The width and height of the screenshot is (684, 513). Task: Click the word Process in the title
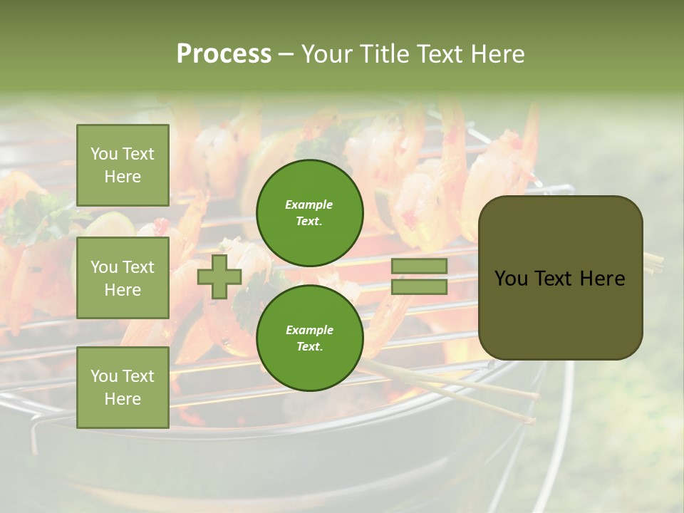pyautogui.click(x=224, y=54)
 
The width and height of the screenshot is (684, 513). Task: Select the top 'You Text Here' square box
pyautogui.click(x=123, y=165)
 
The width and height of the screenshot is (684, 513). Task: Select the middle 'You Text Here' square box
pyautogui.click(x=123, y=278)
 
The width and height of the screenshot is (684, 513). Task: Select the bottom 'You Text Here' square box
pyautogui.click(x=123, y=388)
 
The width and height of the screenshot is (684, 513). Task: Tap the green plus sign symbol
pyautogui.click(x=219, y=276)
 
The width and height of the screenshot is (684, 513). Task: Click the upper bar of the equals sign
pyautogui.click(x=419, y=266)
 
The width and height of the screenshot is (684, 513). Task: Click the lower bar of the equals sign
pyautogui.click(x=419, y=287)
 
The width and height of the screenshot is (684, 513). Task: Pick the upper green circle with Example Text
pyautogui.click(x=310, y=213)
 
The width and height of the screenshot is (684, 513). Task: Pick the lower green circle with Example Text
pyautogui.click(x=310, y=338)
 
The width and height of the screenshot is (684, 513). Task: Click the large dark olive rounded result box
pyautogui.click(x=560, y=278)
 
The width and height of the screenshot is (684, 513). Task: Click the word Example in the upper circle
pyautogui.click(x=309, y=204)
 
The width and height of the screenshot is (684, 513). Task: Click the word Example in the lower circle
pyautogui.click(x=309, y=330)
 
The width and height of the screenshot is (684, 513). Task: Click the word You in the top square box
pyautogui.click(x=104, y=154)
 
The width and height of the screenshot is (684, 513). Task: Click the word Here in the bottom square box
pyautogui.click(x=123, y=399)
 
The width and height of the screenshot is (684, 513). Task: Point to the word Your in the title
pyautogui.click(x=326, y=54)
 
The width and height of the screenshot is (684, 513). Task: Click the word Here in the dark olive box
pyautogui.click(x=602, y=279)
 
